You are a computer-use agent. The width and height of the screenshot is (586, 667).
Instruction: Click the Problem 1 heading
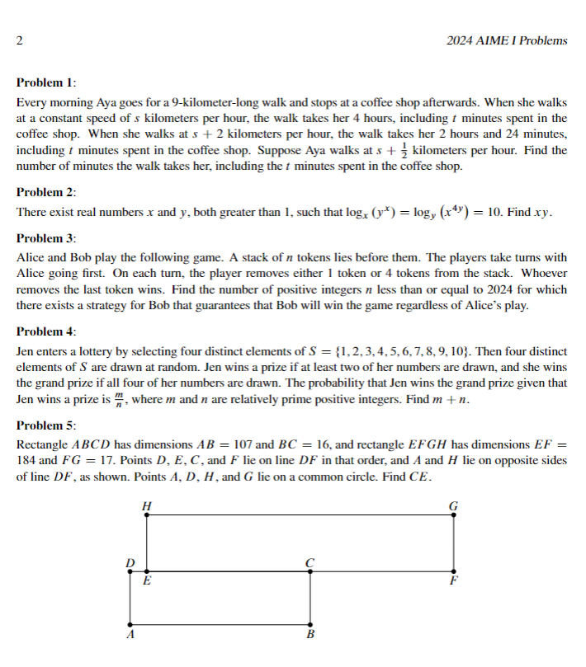tap(46, 83)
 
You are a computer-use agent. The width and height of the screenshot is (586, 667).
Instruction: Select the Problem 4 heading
tap(46, 331)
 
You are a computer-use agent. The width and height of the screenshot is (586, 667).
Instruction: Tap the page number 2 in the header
tap(19, 40)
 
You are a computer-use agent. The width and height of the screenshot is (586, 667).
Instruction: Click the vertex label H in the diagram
tap(147, 505)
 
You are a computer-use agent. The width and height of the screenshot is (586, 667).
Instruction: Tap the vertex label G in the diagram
tap(453, 505)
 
